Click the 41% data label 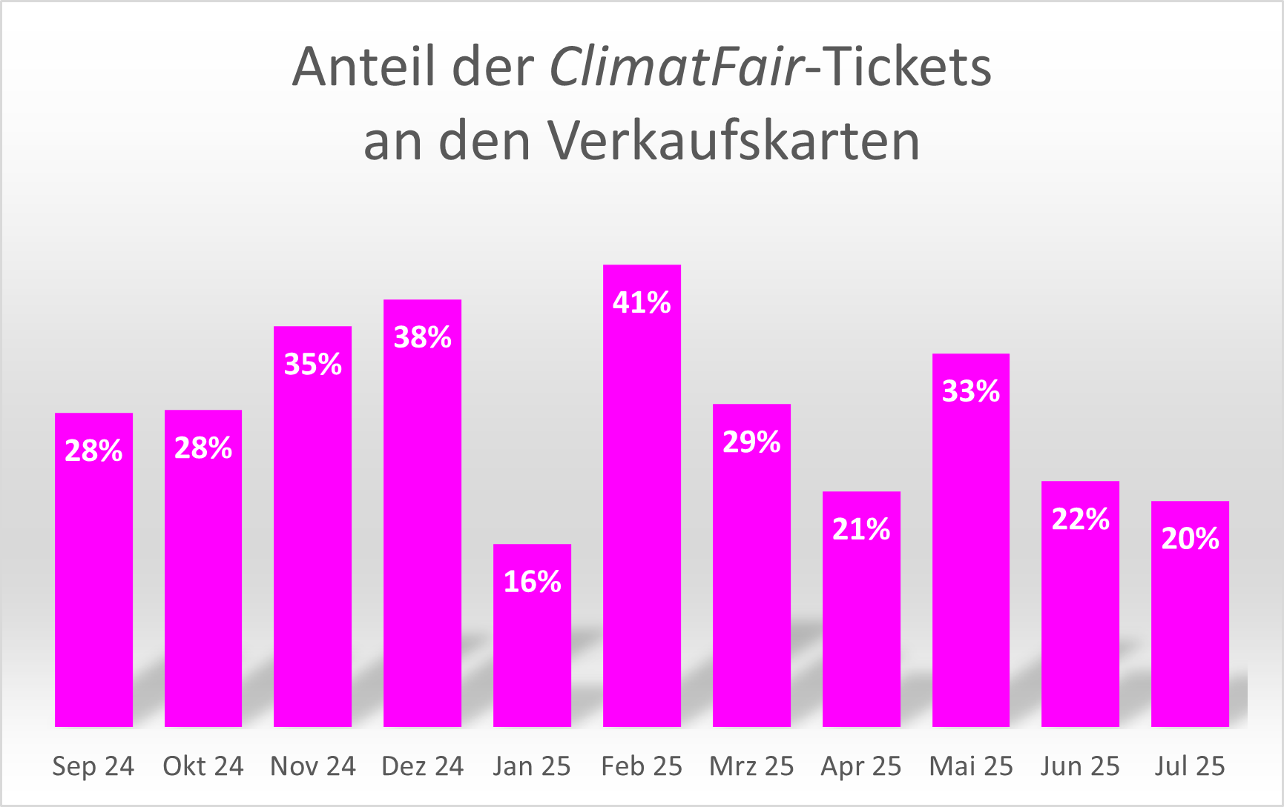coord(642,302)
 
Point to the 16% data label coord(532,582)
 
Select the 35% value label coord(312,364)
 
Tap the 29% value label coord(751,442)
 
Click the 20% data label coord(1190,539)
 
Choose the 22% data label coord(1080,519)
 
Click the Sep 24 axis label coord(93,766)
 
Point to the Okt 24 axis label coord(203,766)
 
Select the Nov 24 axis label coord(312,766)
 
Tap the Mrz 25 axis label coord(751,766)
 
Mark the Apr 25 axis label coord(860,766)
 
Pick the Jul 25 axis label coord(1190,766)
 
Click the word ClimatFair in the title coord(676,67)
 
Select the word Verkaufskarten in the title coord(734,140)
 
